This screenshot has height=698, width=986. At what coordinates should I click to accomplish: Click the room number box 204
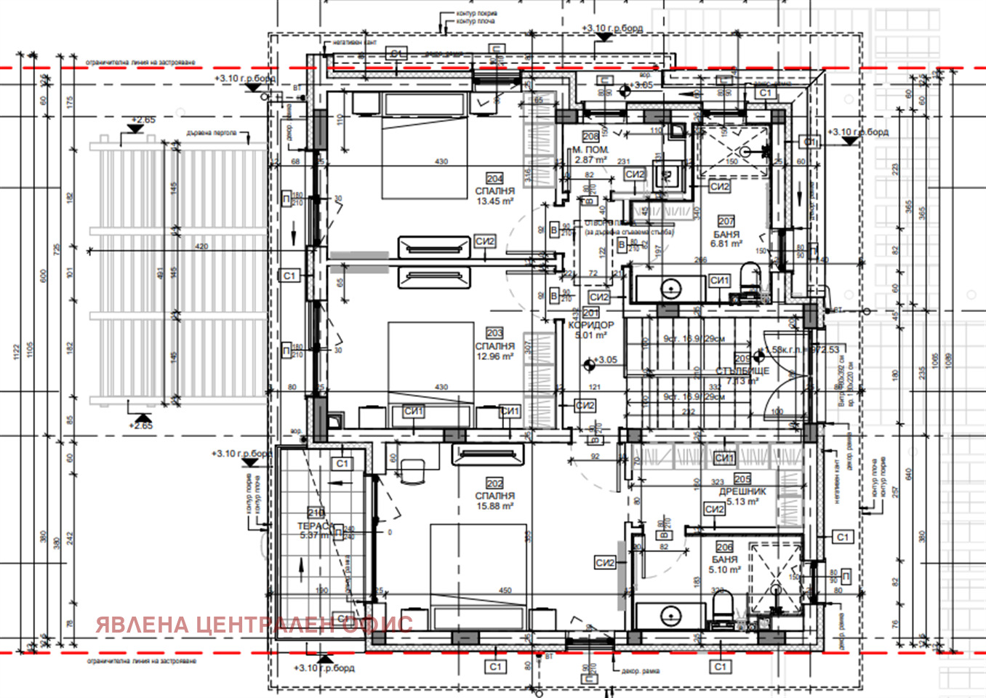[x=494, y=178]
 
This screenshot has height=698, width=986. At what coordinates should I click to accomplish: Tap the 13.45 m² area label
[x=494, y=201]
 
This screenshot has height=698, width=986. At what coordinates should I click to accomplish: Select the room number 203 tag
[x=494, y=333]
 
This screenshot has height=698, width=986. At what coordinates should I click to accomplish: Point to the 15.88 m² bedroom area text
[x=494, y=506]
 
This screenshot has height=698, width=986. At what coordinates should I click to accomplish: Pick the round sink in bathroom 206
[x=670, y=616]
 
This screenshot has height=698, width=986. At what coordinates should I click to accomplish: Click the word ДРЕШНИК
[x=742, y=492]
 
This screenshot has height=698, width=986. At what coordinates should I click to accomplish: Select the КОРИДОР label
[x=590, y=325]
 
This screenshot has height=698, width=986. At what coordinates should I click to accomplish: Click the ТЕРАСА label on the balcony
[x=316, y=526]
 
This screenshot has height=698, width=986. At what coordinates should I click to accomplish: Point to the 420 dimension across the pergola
[x=201, y=246]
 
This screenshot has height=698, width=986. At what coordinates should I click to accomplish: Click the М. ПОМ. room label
[x=590, y=150]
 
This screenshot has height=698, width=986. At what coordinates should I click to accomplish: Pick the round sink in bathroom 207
[x=670, y=288]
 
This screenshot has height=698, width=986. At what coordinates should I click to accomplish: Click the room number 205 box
[x=742, y=479]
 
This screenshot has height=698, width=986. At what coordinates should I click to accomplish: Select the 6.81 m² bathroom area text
[x=726, y=244]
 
